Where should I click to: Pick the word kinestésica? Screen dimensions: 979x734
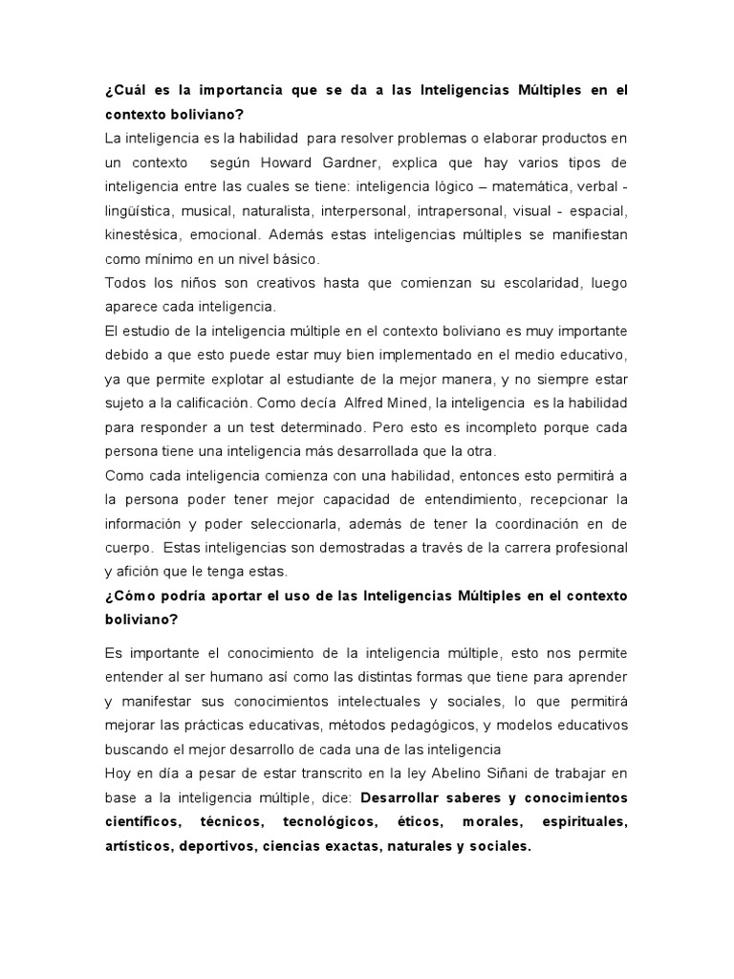tap(140, 233)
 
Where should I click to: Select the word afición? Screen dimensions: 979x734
tap(136, 572)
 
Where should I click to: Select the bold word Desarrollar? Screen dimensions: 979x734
tap(408, 796)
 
